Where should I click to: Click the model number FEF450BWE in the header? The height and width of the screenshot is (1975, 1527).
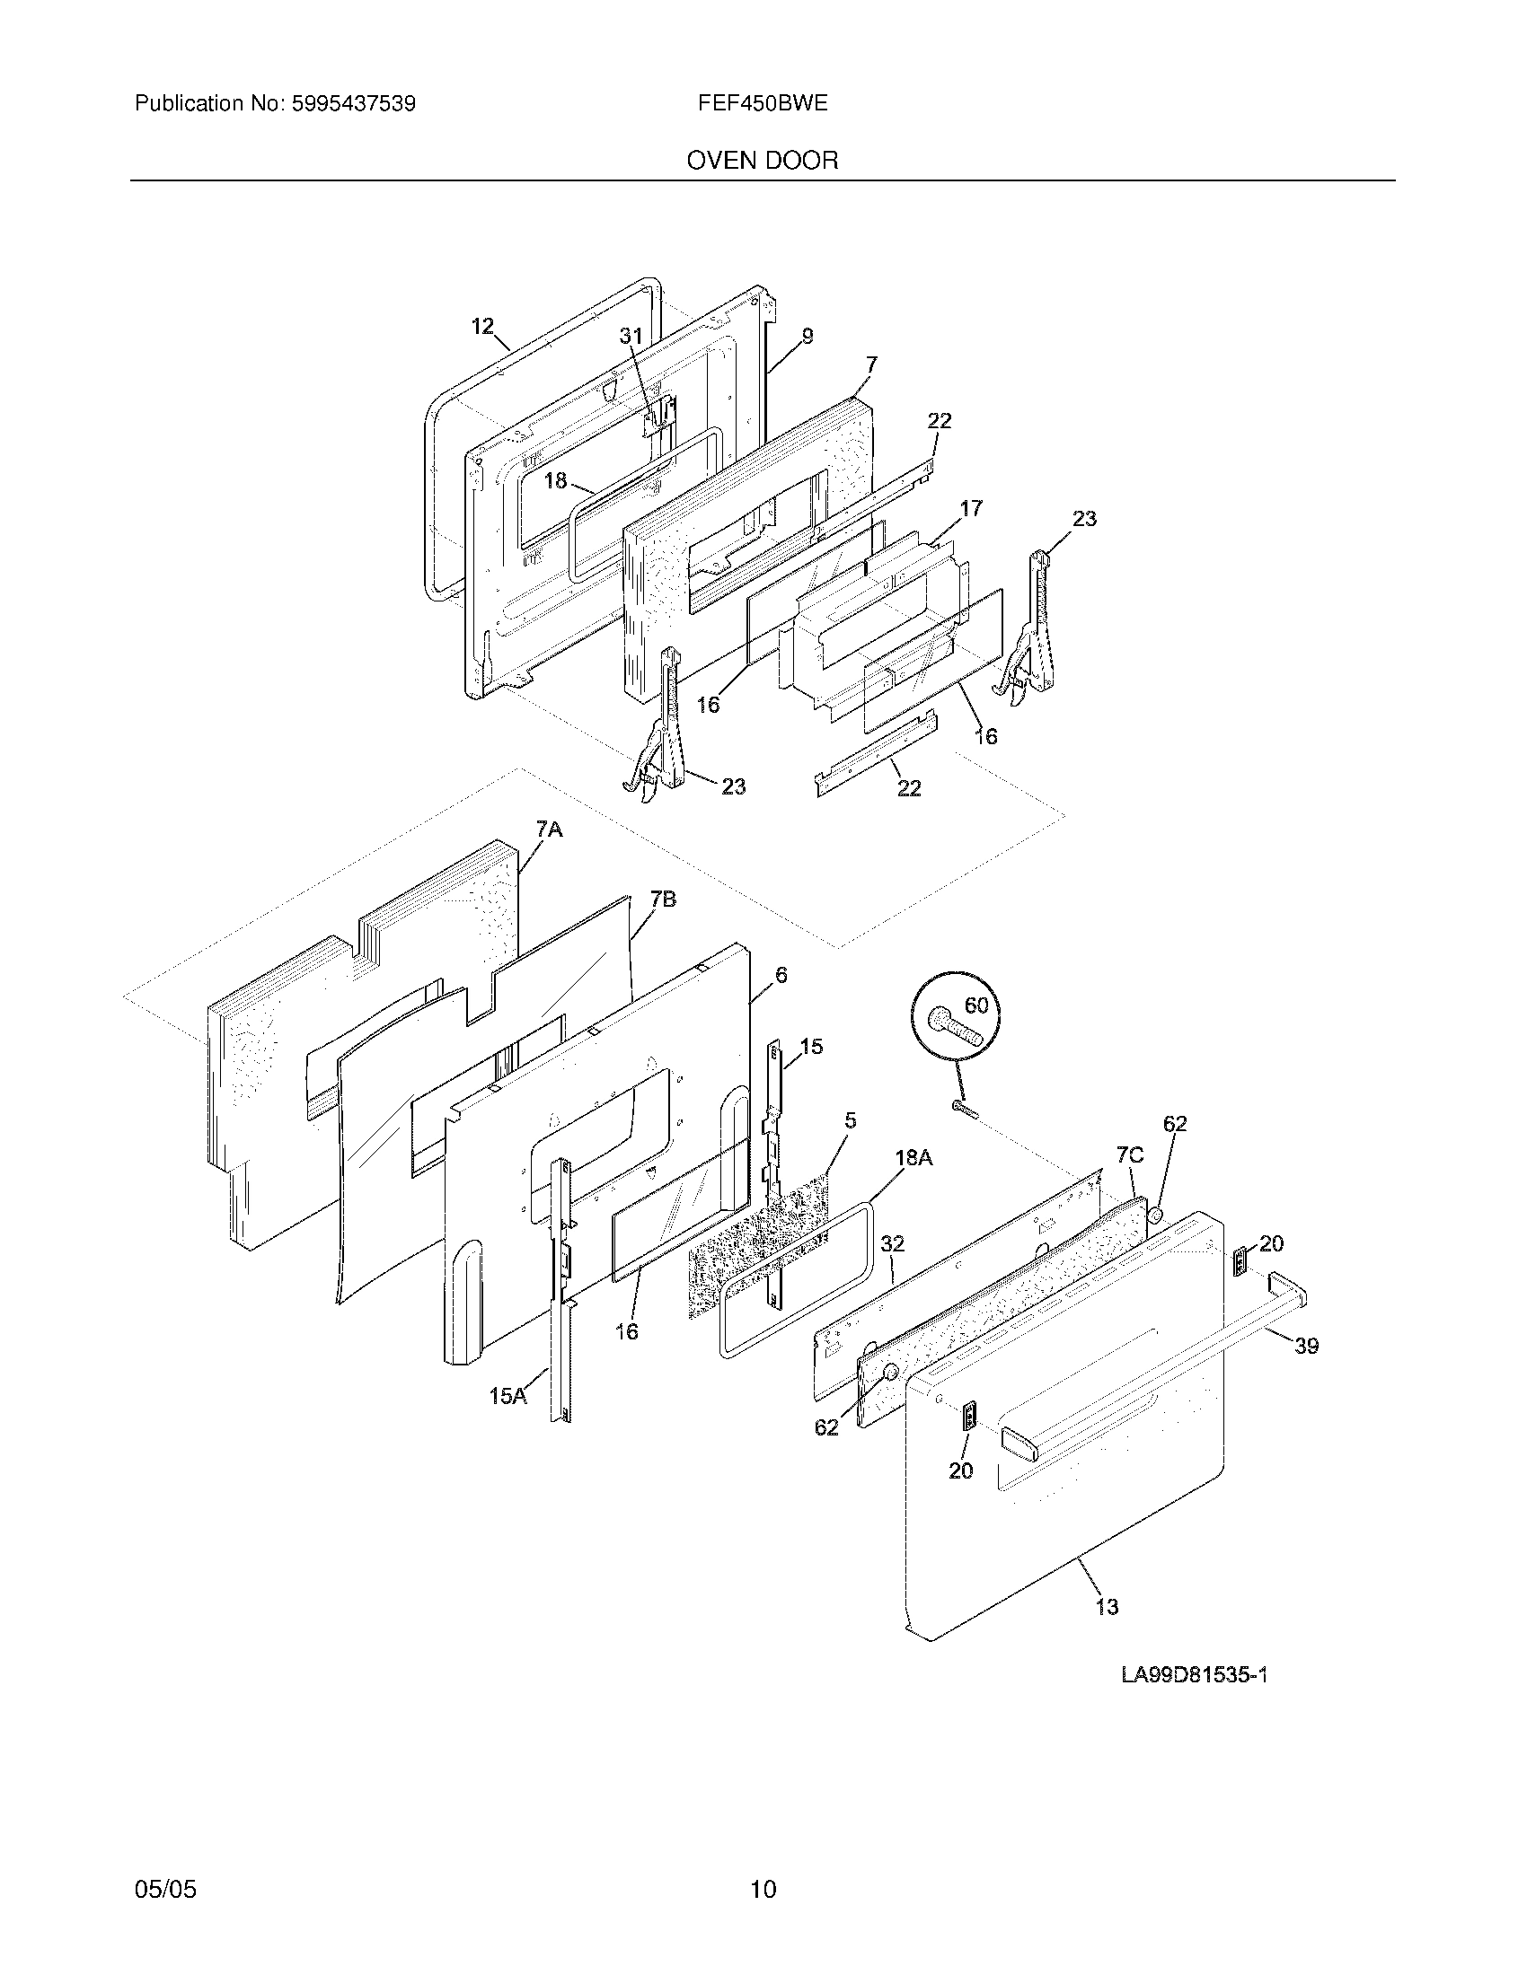click(762, 103)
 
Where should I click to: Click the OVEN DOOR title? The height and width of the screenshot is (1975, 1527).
click(762, 161)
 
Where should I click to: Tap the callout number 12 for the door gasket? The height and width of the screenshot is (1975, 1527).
click(483, 326)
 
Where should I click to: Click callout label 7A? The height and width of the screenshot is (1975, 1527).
click(549, 829)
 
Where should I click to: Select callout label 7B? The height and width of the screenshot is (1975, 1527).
click(663, 899)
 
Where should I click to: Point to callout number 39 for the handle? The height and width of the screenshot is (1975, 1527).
click(1305, 1371)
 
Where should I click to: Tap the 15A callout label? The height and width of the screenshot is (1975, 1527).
click(507, 1396)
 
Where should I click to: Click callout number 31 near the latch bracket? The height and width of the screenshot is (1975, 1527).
click(631, 337)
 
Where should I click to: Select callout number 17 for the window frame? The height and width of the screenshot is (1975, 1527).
click(971, 508)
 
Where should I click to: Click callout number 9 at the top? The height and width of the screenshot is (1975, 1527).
click(807, 337)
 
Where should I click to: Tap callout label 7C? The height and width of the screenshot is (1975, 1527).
click(1129, 1154)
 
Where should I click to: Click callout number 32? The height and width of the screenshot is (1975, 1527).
click(892, 1244)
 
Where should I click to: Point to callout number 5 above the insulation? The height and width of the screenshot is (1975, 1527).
click(850, 1120)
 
